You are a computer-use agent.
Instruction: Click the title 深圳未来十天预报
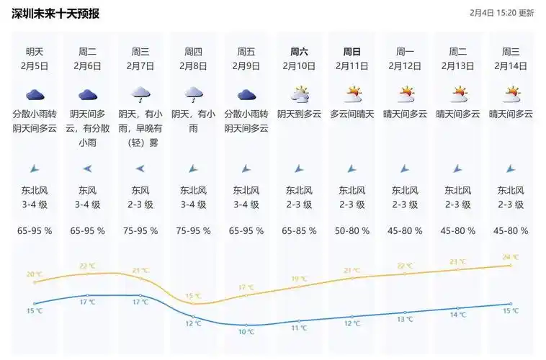coord(55,14)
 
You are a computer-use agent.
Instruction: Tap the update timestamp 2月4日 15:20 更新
coord(501,13)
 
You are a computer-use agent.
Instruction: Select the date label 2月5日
coord(35,66)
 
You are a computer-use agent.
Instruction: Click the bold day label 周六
coord(299,52)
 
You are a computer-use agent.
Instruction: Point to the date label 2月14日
coord(511,66)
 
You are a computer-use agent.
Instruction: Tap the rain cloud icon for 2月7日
coord(140,94)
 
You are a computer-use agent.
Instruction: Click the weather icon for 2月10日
coord(299,94)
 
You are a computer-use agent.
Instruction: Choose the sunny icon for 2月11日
coord(352,94)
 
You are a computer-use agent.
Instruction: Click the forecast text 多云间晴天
coord(352,114)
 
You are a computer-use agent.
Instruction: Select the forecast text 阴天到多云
coord(299,114)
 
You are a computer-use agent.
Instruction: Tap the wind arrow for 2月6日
coord(87,168)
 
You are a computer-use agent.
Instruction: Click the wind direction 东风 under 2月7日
coord(140,191)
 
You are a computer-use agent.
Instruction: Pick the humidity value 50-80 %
coord(352,231)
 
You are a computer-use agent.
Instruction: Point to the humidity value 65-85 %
coord(299,231)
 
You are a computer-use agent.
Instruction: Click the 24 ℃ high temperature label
coord(511,257)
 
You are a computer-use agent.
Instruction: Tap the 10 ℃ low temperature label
coord(246,332)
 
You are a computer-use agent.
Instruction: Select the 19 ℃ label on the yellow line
coord(299,279)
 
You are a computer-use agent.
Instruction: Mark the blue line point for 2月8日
coord(193,316)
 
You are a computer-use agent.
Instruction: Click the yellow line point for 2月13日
coord(457,269)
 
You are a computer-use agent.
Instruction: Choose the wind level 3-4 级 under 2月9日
coord(246,204)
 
